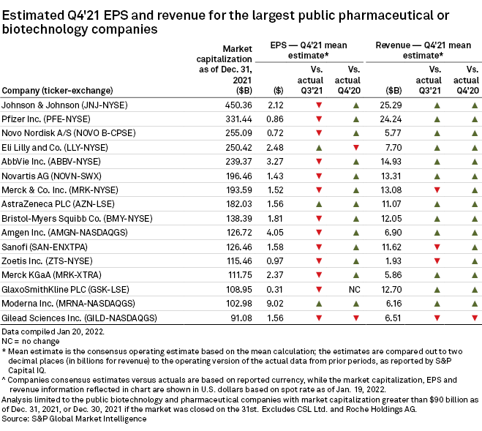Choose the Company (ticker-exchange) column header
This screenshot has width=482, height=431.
coord(58,91)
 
